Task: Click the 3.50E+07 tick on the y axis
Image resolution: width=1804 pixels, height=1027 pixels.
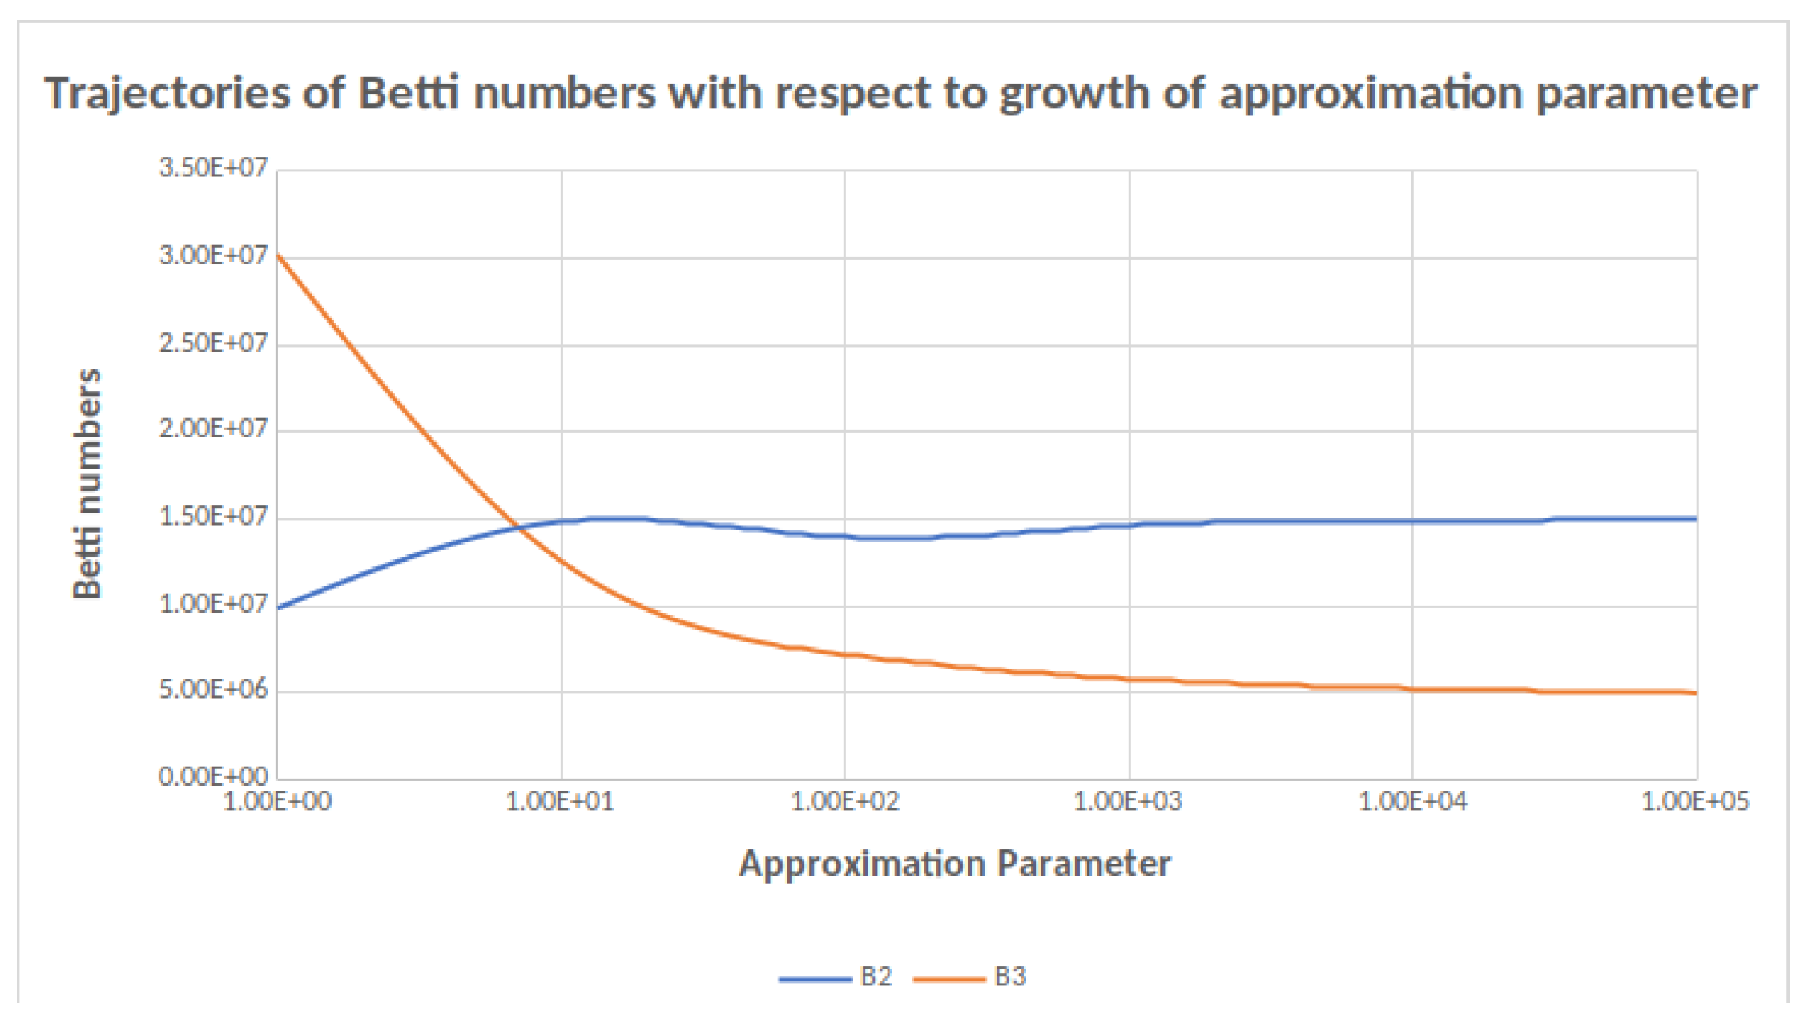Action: coord(212,168)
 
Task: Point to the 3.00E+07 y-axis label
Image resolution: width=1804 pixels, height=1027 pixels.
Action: coord(212,256)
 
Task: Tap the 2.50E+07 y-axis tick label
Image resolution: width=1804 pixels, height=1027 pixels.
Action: coord(212,344)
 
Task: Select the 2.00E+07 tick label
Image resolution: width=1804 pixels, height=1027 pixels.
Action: coord(212,429)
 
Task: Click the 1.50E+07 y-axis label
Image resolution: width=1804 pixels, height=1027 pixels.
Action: coord(212,517)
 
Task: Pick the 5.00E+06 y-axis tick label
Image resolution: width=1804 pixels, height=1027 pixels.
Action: coord(212,690)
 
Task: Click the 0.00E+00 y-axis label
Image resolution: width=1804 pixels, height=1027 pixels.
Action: coord(212,776)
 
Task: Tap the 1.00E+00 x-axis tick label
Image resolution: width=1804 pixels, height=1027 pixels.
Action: coord(277,801)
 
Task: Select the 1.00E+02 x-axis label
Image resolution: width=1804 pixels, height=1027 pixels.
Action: coord(844,801)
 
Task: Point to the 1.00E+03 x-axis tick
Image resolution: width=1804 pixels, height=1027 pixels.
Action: coord(1128,801)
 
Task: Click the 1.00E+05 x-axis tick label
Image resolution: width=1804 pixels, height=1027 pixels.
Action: coord(1695,801)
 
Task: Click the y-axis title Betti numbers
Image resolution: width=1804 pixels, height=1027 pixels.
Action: coord(87,483)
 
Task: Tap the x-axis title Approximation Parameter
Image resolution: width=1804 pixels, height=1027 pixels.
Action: coord(954,864)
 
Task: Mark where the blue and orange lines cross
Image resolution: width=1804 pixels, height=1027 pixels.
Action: coord(520,527)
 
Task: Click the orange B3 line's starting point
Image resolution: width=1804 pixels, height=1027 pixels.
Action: coord(277,255)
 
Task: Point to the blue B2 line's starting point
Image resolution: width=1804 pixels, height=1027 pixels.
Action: coord(277,608)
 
